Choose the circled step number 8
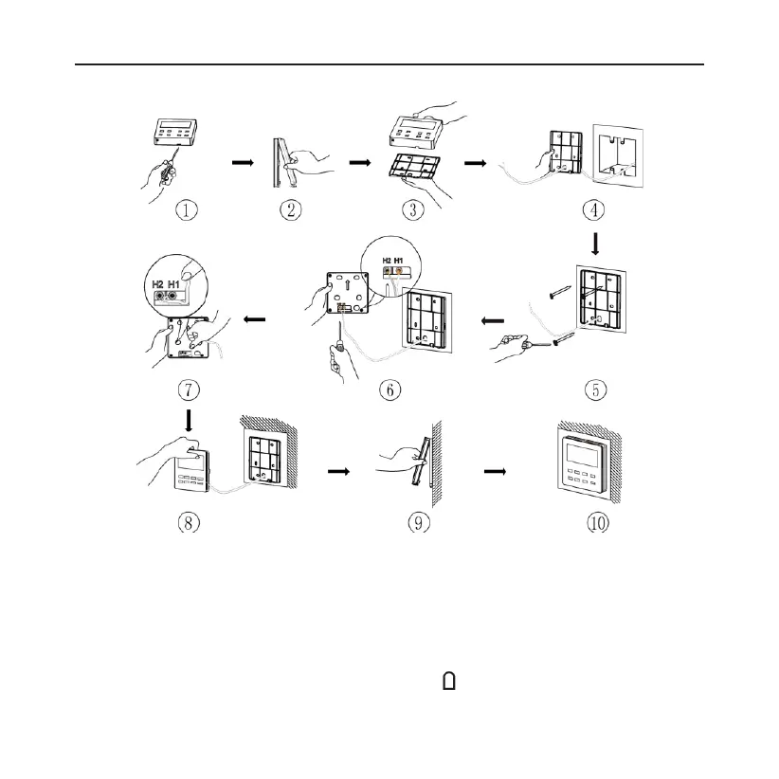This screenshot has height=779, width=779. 190,522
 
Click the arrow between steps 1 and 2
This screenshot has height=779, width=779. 244,162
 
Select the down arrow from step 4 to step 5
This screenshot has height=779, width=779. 595,245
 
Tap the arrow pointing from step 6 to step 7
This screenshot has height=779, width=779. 254,319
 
